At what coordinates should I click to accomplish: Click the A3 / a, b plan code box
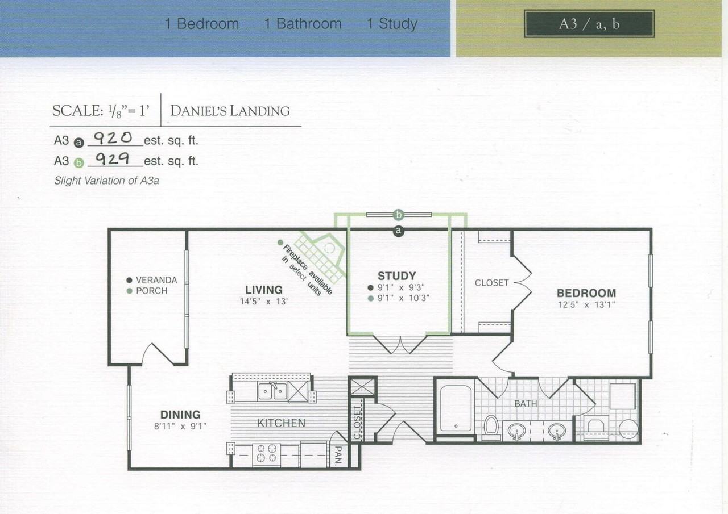tap(589, 24)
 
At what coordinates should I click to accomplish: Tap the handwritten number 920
tap(113, 138)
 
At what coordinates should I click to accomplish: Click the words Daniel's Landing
tap(230, 111)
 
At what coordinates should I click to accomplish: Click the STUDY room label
tap(397, 276)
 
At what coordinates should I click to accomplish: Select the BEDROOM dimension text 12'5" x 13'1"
tap(586, 304)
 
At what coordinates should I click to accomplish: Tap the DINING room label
tap(180, 415)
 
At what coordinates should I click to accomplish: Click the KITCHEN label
tap(281, 423)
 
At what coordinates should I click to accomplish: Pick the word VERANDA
tap(156, 280)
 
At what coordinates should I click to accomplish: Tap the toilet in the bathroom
tap(491, 427)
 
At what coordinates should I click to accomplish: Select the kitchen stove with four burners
tap(266, 453)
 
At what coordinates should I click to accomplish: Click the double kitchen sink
tap(272, 391)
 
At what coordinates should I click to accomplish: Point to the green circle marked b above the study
tap(399, 215)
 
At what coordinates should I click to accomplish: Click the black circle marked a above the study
tap(399, 230)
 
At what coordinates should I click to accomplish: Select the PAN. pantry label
tap(337, 454)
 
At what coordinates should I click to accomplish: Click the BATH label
tap(526, 404)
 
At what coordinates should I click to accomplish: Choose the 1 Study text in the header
tap(392, 24)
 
